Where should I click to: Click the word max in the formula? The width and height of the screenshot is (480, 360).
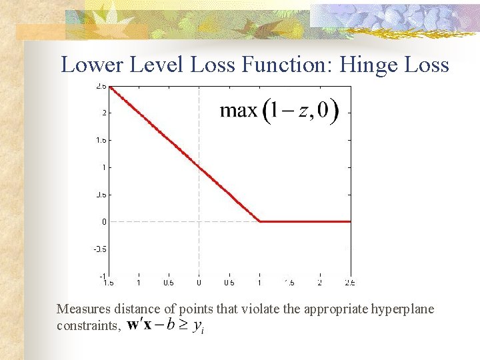pos(238,110)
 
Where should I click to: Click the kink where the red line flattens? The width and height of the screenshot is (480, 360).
pos(260,221)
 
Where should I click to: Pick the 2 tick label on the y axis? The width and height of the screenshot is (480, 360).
pos(104,113)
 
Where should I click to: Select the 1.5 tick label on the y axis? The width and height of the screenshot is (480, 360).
pos(101,140)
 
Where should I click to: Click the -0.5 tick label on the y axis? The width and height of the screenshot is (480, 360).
pos(100,249)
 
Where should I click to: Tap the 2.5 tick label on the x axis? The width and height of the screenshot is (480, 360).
pos(350,283)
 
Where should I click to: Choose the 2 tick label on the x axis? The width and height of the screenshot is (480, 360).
pos(320,283)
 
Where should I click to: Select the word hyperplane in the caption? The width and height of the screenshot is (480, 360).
pos(402,309)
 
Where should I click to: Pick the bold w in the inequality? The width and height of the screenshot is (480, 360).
pos(133,325)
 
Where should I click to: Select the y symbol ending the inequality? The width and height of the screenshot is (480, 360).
pos(197,326)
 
